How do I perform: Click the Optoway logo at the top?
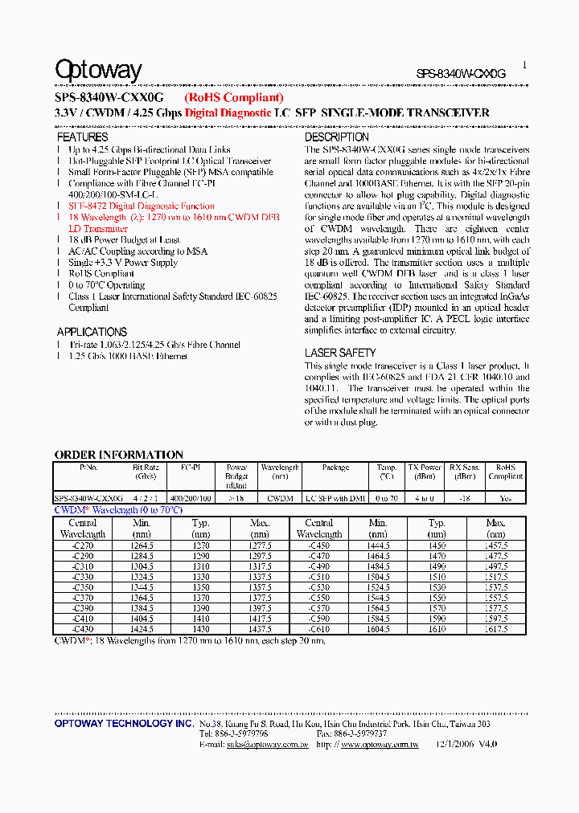tap(98, 71)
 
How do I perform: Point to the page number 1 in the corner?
tap(524, 66)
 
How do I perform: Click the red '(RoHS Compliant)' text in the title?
tap(233, 97)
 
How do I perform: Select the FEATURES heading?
tap(82, 137)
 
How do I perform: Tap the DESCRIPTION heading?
tap(336, 137)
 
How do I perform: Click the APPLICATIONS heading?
tap(92, 332)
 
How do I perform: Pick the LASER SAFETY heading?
tap(339, 353)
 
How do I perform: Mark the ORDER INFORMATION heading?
tap(118, 455)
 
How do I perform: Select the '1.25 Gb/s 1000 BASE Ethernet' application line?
tap(128, 356)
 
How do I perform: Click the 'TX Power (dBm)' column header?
tap(425, 472)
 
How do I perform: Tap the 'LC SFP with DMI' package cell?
tap(335, 498)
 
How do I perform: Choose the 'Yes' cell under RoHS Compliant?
tap(505, 498)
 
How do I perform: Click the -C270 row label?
tap(83, 545)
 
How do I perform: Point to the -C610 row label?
tap(319, 629)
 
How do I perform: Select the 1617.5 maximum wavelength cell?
tap(496, 629)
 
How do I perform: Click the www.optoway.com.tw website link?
tap(379, 745)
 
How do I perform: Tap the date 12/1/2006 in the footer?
tap(455, 745)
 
